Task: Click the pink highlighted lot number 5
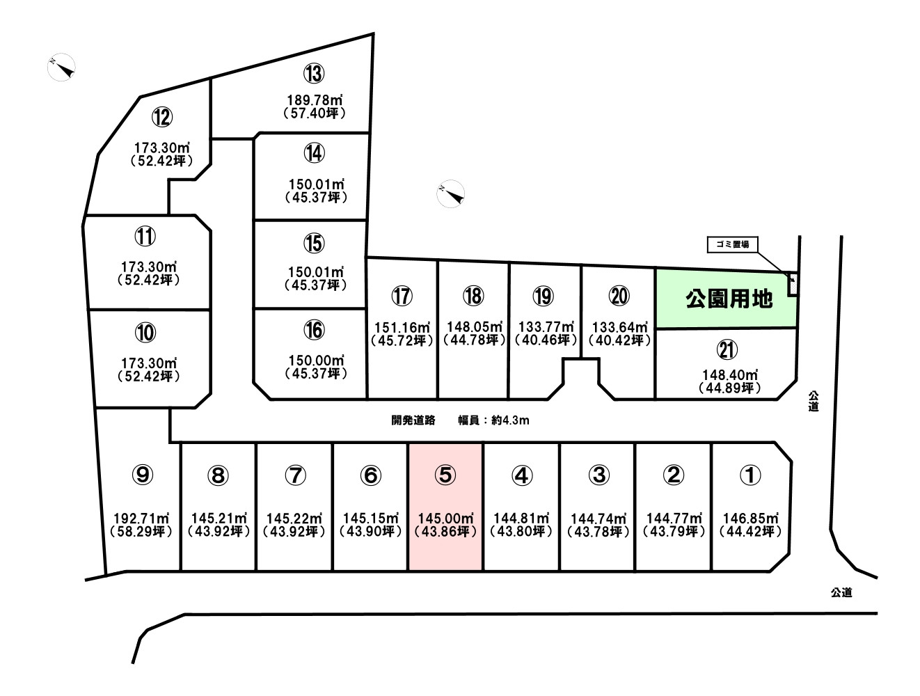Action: click(445, 507)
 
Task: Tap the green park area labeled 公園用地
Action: click(725, 299)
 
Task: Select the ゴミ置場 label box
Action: click(732, 244)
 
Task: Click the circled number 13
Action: click(314, 74)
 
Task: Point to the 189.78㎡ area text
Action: click(315, 100)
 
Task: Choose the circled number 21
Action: click(727, 349)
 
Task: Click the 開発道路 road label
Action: click(413, 420)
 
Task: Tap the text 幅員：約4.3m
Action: click(493, 420)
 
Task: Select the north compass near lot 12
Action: click(62, 67)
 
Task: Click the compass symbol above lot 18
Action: click(450, 193)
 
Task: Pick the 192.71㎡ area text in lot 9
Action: click(142, 519)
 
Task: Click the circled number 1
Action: click(750, 475)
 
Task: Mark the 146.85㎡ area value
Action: click(751, 519)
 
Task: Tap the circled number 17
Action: click(402, 296)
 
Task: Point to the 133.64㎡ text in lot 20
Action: click(620, 327)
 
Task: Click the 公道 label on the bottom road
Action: click(841, 592)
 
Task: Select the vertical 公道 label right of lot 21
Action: click(814, 401)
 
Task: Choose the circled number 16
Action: click(314, 330)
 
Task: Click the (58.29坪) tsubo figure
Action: click(141, 532)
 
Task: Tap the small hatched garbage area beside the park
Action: click(793, 284)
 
